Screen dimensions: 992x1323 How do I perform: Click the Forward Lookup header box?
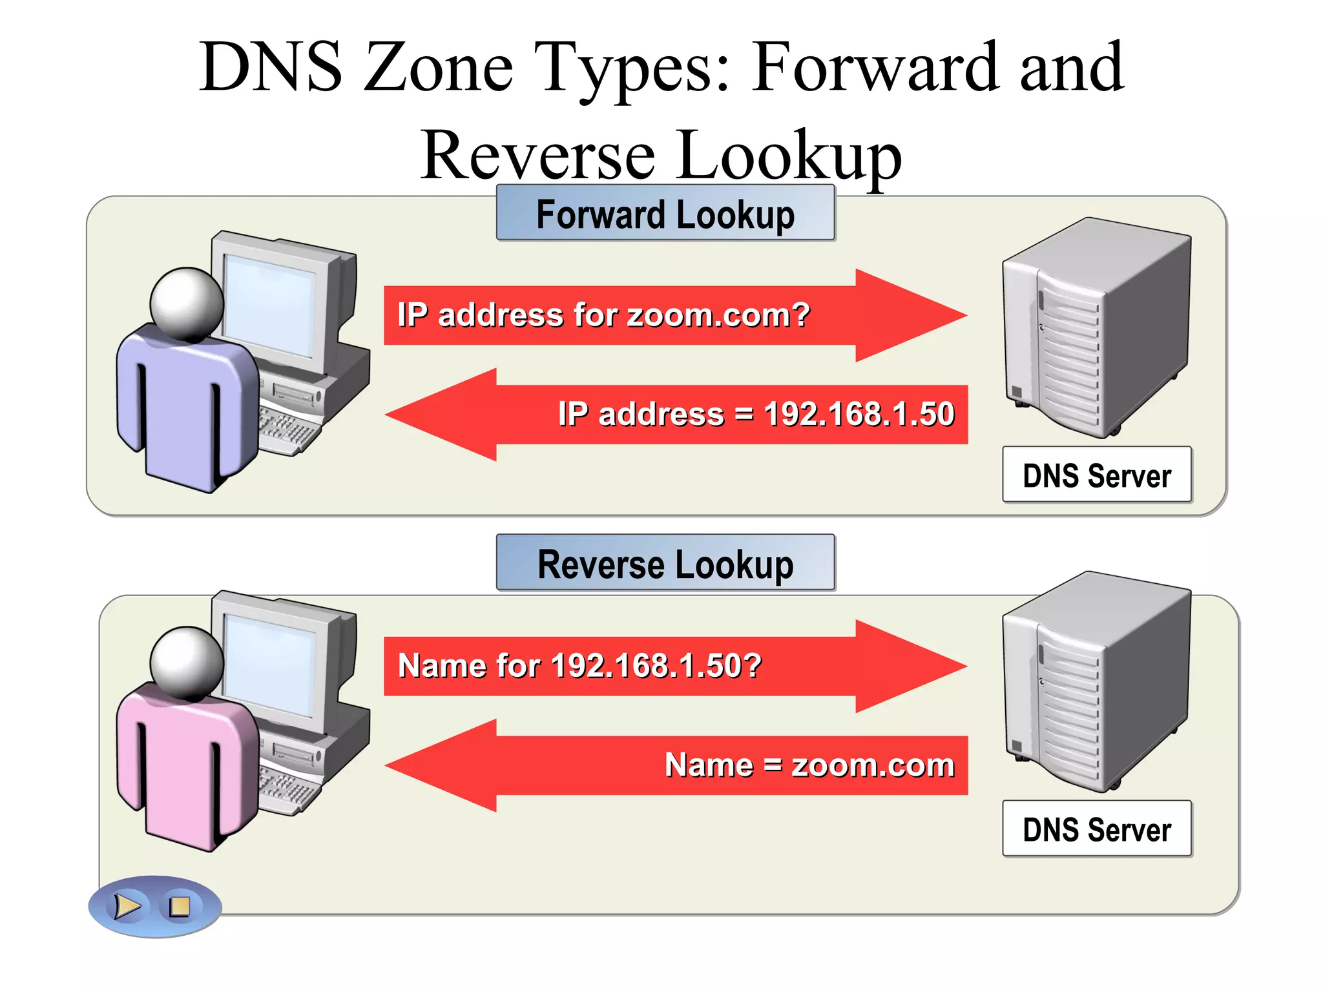665,214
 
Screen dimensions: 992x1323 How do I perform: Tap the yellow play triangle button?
127,906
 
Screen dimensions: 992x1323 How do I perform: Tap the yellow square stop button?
179,906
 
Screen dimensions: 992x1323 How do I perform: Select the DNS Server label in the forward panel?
1096,475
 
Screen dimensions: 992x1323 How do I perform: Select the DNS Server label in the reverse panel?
1096,829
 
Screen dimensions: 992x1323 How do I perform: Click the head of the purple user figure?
187,304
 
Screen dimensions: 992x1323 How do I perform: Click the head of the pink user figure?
187,663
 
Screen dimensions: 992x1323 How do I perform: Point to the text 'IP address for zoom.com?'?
603,315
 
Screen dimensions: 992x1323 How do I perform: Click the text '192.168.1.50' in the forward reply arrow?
859,414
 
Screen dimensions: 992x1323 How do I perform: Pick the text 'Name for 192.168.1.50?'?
579,666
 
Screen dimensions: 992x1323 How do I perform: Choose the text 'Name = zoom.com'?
809,765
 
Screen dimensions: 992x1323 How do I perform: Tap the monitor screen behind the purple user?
270,304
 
